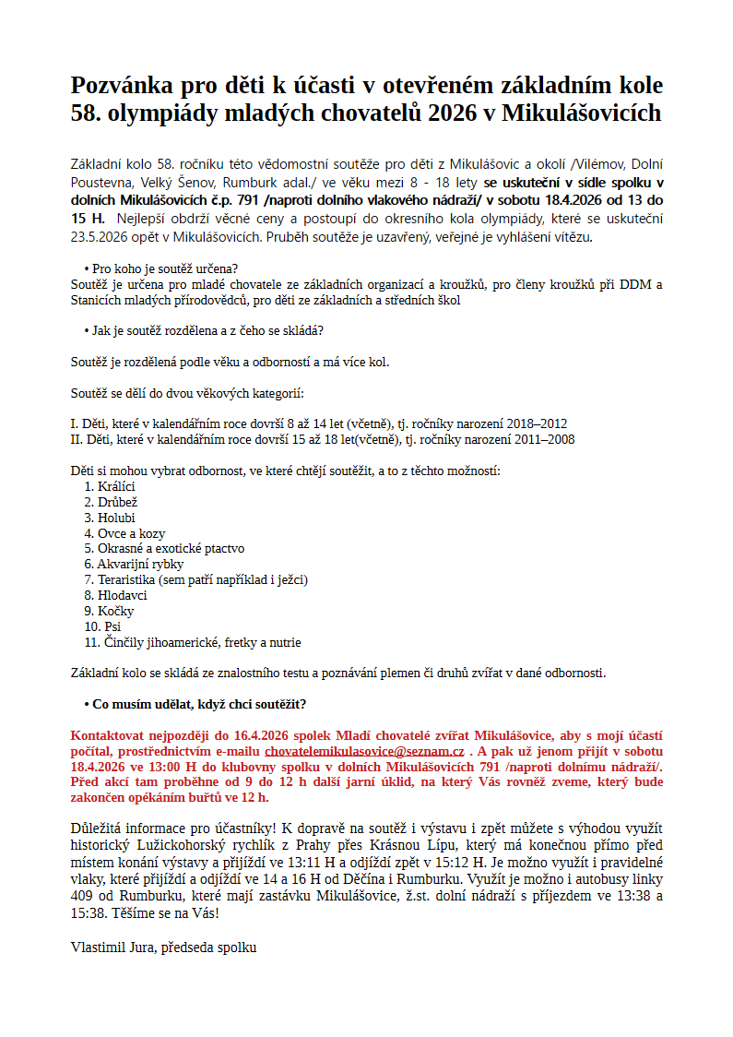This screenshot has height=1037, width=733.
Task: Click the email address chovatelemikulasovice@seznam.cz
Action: coord(364,752)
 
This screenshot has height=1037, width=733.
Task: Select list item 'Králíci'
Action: coord(116,486)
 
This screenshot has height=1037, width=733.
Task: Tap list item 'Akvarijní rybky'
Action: coord(141,564)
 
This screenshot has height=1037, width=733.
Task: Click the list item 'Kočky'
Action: coord(116,611)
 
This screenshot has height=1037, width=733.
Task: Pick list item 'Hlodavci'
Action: coord(123,595)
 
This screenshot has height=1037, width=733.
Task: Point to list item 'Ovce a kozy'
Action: coord(132,533)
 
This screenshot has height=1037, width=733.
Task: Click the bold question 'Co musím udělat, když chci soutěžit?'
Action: coord(199,704)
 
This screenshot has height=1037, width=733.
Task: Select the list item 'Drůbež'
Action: coord(117,502)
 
